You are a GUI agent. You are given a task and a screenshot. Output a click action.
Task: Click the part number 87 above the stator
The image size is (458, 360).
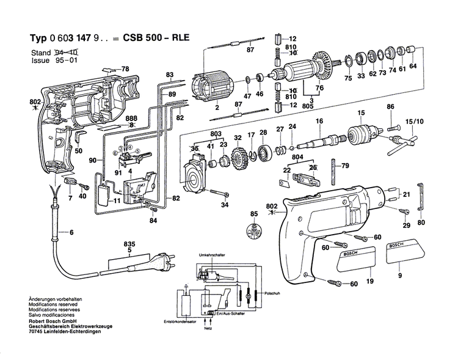[250, 50]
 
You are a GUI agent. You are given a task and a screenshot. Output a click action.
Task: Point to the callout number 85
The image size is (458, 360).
[253, 213]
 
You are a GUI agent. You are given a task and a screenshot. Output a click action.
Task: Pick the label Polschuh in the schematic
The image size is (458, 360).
[272, 293]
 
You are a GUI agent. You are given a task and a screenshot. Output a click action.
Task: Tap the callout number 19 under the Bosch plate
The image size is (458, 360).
[369, 282]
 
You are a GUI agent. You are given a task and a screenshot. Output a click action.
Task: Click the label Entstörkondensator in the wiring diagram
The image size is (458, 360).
[180, 321]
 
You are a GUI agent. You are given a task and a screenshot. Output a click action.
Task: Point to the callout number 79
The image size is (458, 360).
[345, 166]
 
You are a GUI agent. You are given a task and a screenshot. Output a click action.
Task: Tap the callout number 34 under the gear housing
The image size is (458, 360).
[224, 205]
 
